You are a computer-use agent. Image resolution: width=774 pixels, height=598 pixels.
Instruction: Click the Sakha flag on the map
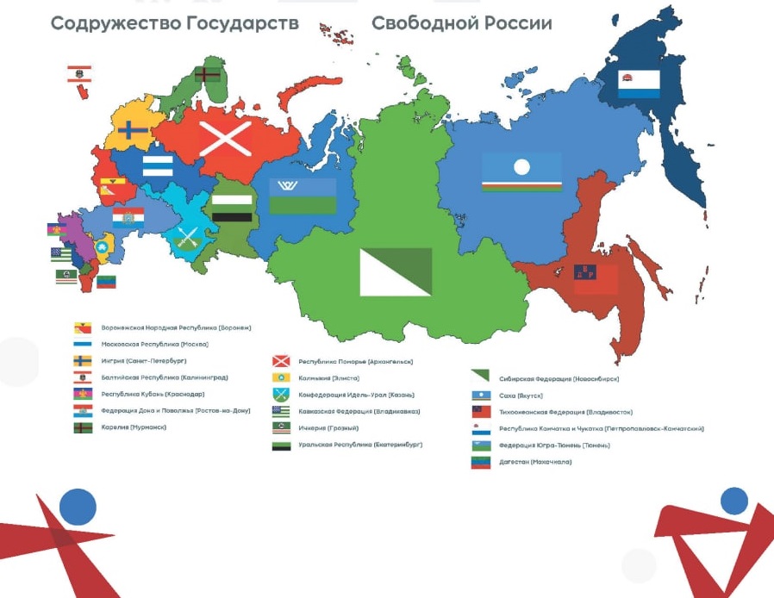tap(521, 172)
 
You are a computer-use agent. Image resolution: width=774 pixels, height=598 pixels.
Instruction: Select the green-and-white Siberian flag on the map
tap(396, 271)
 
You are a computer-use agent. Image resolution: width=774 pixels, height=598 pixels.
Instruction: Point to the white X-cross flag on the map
tap(226, 138)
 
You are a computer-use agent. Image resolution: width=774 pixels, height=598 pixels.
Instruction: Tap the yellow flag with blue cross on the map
tap(132, 131)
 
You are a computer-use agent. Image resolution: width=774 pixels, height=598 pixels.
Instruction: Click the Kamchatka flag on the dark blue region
tap(640, 84)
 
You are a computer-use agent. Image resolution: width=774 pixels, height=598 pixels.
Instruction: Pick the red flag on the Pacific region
tap(596, 279)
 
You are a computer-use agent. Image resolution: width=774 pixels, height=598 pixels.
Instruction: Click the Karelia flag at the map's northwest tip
tap(207, 75)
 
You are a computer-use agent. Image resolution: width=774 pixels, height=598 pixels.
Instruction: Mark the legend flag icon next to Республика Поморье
tap(281, 361)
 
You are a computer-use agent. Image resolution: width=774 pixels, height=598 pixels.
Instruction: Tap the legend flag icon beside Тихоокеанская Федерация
tap(480, 412)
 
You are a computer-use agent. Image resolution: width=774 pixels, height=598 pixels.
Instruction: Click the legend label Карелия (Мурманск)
tap(133, 427)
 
